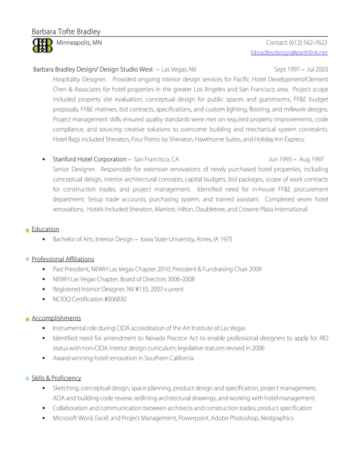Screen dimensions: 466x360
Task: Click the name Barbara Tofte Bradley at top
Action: tap(66, 32)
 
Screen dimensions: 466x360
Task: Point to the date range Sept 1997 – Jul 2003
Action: tap(301, 69)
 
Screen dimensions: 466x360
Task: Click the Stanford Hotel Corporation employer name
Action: tap(90, 160)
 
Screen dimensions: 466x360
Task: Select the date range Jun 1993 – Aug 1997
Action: tap(296, 160)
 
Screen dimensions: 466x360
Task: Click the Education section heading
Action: tap(45, 229)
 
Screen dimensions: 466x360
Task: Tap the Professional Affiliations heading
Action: tap(63, 259)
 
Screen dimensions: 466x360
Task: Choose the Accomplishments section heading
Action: tap(56, 318)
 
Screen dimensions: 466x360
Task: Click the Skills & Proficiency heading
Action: tap(56, 378)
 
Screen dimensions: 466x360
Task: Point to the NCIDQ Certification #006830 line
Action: tap(89, 299)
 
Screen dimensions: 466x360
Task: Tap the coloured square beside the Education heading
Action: tap(27, 230)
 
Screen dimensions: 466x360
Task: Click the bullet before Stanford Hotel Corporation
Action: tap(43, 160)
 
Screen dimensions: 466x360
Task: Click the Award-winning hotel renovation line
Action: tap(122, 358)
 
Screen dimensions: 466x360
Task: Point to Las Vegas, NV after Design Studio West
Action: tap(179, 69)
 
